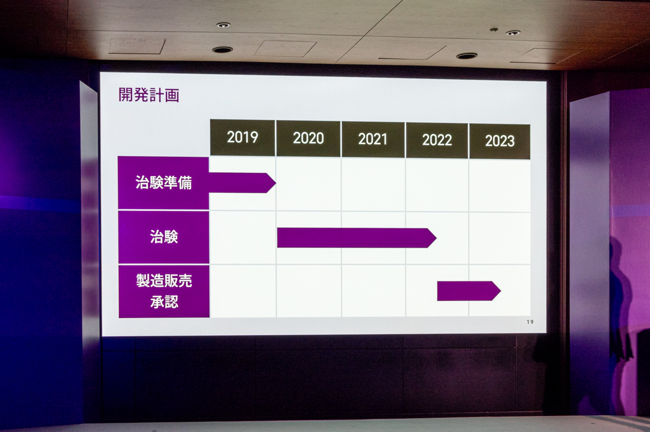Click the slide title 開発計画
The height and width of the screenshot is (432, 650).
tap(149, 95)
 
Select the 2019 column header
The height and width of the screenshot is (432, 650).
tap(242, 138)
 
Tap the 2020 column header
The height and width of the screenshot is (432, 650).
tap(308, 139)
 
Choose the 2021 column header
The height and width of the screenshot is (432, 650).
tap(373, 140)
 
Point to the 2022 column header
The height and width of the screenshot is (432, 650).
tap(437, 141)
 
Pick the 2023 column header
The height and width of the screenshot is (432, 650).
tap(499, 141)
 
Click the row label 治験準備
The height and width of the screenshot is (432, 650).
tap(164, 183)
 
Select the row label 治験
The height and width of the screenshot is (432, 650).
tap(164, 237)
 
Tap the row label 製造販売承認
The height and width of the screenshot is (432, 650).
tap(164, 291)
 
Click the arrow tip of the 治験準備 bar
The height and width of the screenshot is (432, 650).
tap(276, 183)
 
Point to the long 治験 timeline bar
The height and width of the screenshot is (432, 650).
tap(357, 238)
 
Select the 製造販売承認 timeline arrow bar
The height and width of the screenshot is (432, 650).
tap(469, 291)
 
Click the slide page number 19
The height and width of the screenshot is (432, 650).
tap(530, 322)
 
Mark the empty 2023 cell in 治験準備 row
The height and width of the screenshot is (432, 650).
tap(499, 186)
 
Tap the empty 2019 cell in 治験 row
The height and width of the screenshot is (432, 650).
tap(243, 238)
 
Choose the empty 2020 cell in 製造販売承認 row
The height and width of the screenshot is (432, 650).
tap(309, 291)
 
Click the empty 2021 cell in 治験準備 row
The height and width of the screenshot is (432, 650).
tap(373, 185)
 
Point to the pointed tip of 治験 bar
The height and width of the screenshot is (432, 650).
tap(436, 238)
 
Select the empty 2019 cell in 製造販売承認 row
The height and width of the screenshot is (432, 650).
tap(243, 291)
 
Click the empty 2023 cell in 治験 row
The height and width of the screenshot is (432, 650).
tap(499, 238)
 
